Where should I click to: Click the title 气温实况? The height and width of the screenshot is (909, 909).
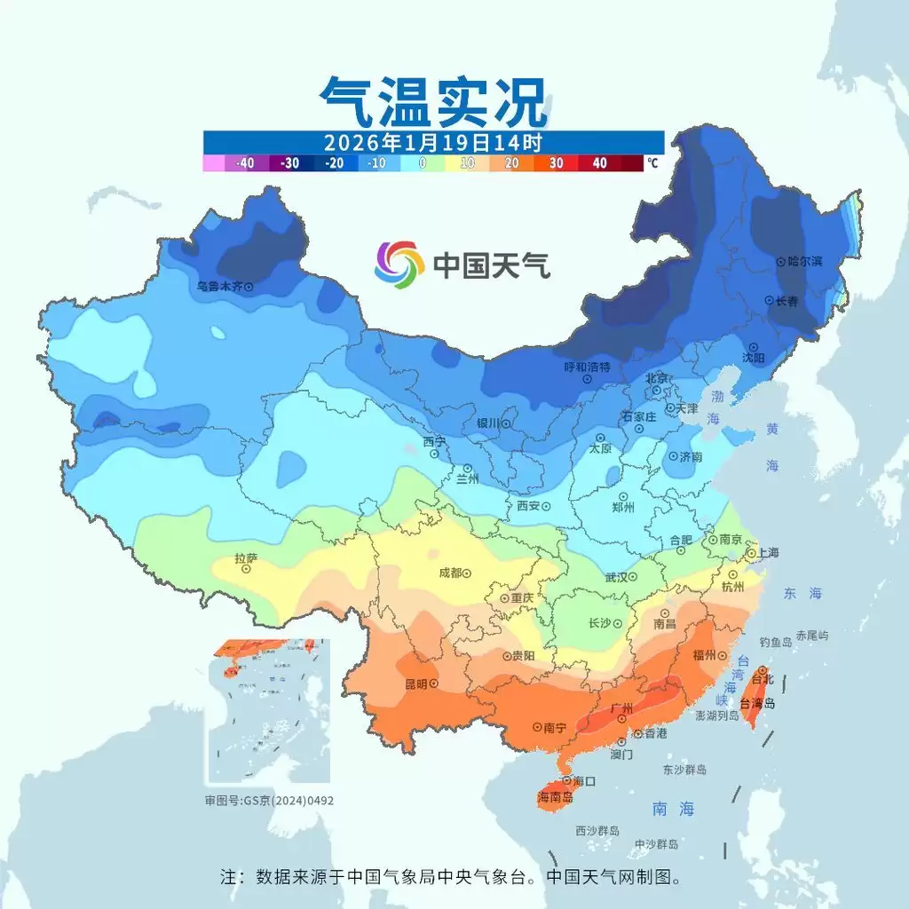point(432,101)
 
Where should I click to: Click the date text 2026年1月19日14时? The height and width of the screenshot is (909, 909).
point(432,142)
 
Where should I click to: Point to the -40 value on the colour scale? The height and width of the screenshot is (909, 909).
point(245,163)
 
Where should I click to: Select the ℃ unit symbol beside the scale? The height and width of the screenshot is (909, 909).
point(652,163)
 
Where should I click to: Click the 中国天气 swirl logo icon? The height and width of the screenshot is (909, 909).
point(399,264)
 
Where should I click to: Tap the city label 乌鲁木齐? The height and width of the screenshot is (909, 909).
point(219,287)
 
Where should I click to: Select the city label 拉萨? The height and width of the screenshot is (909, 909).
point(246,558)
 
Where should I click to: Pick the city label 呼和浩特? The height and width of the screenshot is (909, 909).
point(587,367)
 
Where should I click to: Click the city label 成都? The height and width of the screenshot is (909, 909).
point(450,573)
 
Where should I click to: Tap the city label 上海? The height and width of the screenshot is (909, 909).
point(767,552)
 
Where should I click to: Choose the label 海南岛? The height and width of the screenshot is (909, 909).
point(555,797)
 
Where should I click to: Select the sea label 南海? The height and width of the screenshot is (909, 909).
point(673,809)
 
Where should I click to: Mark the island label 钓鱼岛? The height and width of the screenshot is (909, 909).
point(775,641)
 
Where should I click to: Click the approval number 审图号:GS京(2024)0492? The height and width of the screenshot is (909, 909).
point(270,800)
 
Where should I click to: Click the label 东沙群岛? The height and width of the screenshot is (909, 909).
point(684,770)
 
